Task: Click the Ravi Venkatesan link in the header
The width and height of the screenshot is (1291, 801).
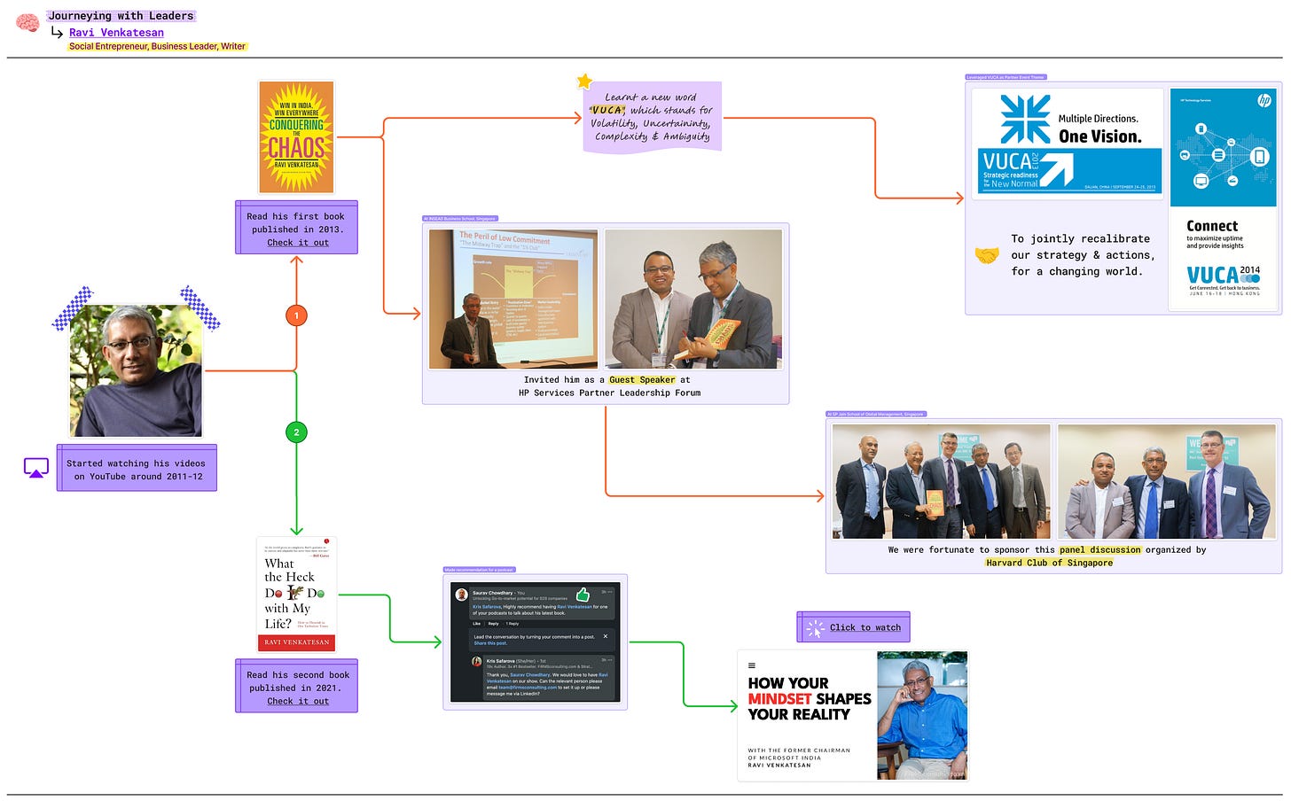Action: click(116, 33)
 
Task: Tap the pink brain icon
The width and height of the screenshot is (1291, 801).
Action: click(27, 23)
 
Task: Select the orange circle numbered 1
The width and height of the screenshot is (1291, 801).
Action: click(296, 315)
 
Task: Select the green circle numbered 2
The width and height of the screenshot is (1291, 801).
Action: click(296, 432)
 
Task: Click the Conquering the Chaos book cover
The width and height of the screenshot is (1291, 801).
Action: click(296, 137)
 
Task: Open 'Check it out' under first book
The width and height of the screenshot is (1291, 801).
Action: click(298, 243)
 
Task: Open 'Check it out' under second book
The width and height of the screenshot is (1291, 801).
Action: click(298, 701)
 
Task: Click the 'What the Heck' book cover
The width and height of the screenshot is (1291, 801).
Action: click(296, 594)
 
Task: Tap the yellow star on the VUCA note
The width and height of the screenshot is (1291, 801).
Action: click(584, 82)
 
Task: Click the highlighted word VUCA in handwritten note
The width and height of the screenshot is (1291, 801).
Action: click(608, 111)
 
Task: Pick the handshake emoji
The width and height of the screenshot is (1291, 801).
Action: click(986, 255)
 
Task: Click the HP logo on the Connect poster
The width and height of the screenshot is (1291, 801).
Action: click(1264, 100)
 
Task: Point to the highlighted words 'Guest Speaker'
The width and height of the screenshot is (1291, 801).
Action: click(641, 380)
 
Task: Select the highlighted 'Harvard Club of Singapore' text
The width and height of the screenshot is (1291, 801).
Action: click(1049, 563)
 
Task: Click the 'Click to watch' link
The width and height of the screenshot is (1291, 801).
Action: click(865, 627)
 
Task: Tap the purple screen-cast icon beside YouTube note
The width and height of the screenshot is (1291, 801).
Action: click(36, 468)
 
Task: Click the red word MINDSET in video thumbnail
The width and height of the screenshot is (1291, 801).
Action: click(779, 699)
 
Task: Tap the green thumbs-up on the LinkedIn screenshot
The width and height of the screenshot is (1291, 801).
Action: click(583, 594)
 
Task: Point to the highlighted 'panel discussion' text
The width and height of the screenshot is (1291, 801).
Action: click(1099, 550)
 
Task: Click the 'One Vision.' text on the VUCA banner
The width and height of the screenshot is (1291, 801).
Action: click(1099, 136)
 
